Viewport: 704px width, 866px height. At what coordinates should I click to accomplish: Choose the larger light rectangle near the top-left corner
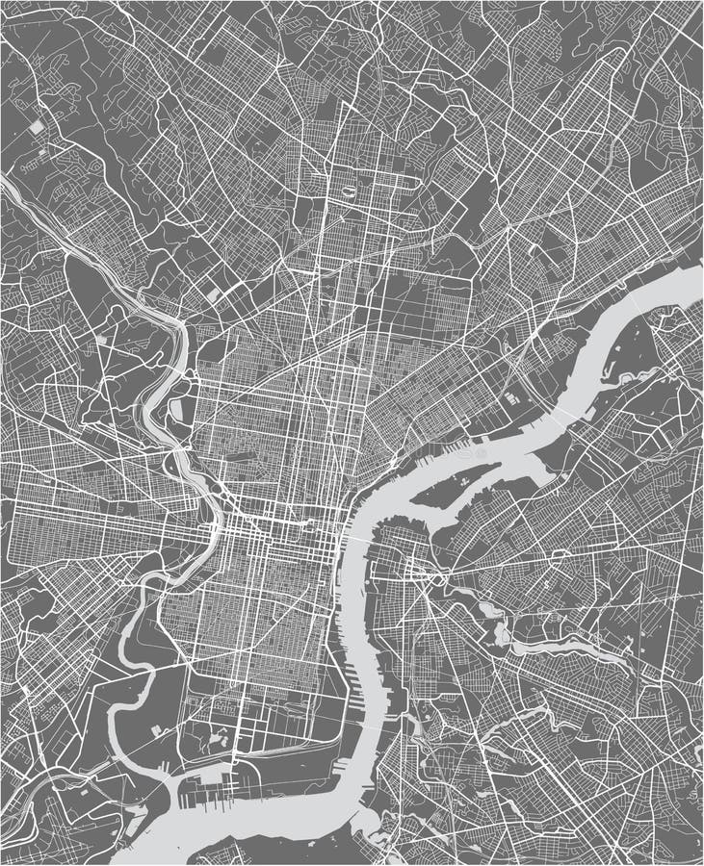point(36,126)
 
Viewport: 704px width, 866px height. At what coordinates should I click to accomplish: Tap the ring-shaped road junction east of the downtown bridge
point(438,578)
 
